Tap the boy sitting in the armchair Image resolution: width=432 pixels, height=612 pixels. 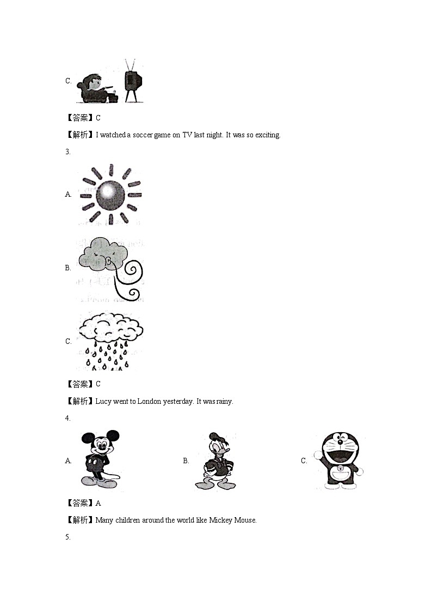pos(96,87)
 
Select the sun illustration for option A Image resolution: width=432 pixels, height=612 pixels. pos(111,194)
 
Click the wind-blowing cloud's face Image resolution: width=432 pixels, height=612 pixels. pos(103,255)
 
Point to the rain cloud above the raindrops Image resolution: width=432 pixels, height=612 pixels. pos(112,329)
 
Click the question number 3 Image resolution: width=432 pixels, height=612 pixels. pos(67,152)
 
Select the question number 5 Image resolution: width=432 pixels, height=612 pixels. pos(67,537)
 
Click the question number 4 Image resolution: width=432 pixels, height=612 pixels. pos(67,419)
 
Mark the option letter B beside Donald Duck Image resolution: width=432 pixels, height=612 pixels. pos(186,461)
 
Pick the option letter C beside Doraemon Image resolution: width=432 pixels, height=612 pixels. pos(304,461)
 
